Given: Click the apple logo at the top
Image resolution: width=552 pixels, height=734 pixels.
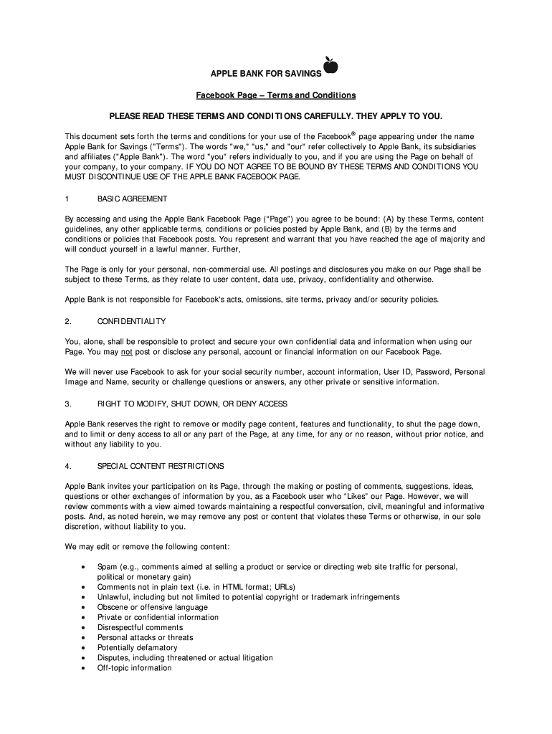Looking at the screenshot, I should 330,66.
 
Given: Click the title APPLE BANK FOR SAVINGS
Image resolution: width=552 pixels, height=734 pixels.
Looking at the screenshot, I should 265,75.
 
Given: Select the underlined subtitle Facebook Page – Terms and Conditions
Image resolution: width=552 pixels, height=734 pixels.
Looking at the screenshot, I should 276,95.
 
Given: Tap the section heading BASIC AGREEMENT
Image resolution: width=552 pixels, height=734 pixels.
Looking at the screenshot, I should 133,198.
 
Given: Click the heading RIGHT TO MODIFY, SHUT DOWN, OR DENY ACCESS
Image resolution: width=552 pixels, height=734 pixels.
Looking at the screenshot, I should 192,404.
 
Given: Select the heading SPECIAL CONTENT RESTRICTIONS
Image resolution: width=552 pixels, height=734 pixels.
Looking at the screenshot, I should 161,466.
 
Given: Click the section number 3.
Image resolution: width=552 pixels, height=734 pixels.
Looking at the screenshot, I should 67,404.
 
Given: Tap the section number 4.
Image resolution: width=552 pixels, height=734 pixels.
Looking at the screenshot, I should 67,466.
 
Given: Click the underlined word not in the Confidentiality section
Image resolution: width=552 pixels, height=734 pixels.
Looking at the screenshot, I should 126,352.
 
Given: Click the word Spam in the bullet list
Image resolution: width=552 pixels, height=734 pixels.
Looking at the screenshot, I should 107,567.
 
